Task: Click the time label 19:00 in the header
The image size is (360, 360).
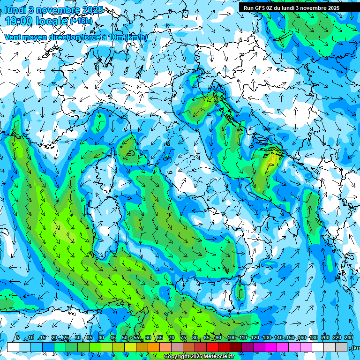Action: pos(22,21)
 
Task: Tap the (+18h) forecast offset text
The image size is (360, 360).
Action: pos(81,21)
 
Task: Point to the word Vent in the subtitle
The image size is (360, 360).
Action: pos(14,37)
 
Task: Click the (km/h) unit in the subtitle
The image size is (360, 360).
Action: pos(136,37)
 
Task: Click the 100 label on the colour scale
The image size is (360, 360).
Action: pos(232,338)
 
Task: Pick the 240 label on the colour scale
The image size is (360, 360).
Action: pos(349,338)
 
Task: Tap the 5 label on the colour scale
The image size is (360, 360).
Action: pos(18,338)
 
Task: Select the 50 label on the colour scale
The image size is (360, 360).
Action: pos(125,338)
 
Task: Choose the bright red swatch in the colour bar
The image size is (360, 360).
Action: pos(212,347)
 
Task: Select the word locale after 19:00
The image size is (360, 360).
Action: pos(54,21)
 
